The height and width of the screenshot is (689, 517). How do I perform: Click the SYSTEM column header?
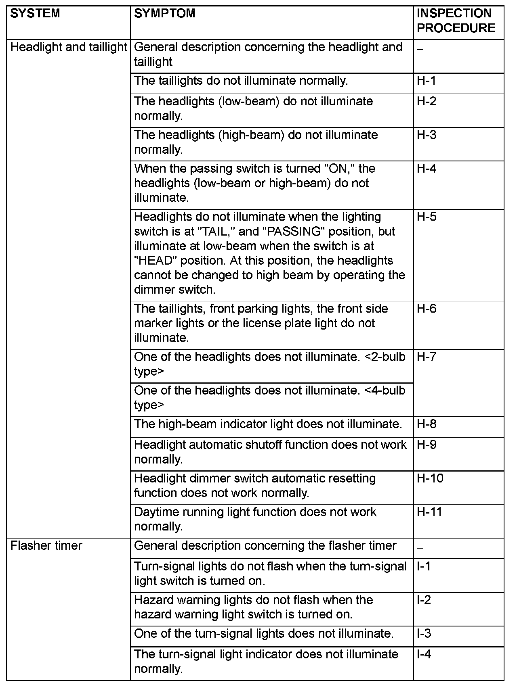click(35, 14)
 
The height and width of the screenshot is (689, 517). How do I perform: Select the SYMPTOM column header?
click(164, 14)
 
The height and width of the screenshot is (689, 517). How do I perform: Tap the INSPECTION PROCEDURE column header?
click(456, 21)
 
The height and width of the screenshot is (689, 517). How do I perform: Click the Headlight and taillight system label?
click(69, 47)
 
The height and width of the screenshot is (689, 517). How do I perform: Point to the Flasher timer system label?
click(46, 546)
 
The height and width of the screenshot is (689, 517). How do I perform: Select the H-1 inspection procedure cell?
click(427, 81)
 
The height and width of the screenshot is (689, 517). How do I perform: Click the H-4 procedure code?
click(427, 169)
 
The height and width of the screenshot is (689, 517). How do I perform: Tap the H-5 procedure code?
click(427, 217)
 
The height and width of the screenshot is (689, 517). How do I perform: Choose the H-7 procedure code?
click(427, 357)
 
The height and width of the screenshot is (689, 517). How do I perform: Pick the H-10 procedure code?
click(430, 478)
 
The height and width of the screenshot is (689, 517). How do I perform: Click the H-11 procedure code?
click(429, 512)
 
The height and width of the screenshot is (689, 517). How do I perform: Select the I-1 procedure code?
click(424, 566)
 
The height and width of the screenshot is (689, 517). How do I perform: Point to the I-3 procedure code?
click(424, 634)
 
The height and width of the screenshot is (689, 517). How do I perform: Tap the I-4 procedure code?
click(424, 654)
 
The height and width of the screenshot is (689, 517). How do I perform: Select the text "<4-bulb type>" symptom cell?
click(269, 398)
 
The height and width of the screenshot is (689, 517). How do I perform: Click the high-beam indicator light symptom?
click(268, 424)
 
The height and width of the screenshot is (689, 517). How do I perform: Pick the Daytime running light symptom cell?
click(255, 519)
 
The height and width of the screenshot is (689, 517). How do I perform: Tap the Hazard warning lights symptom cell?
click(253, 607)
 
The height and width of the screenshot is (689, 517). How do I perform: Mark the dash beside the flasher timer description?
click(420, 548)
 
